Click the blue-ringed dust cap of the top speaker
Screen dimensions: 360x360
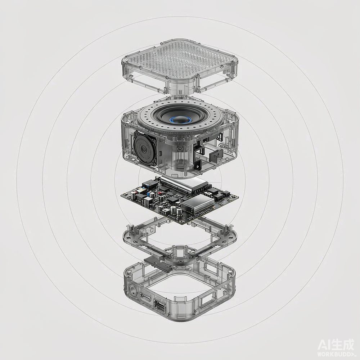[x=181, y=120]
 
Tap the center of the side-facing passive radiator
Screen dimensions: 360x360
[x=144, y=149]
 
